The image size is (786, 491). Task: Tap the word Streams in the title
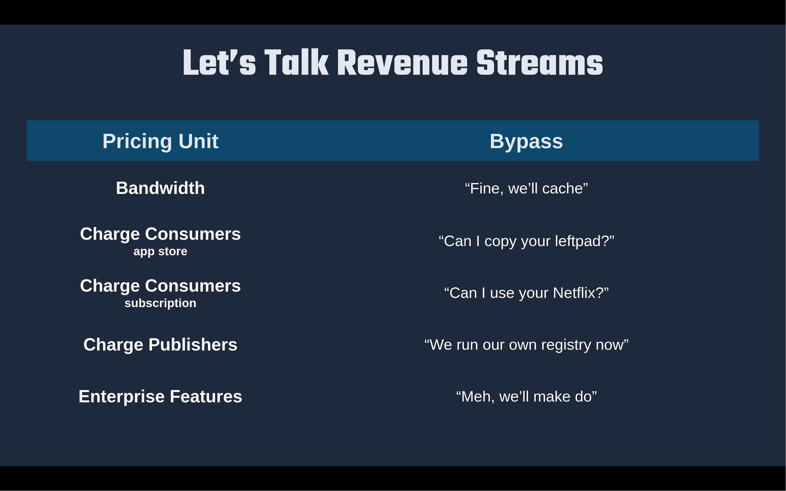click(540, 62)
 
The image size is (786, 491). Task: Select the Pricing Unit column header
click(160, 141)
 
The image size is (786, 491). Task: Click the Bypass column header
click(526, 141)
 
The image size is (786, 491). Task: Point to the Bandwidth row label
click(160, 188)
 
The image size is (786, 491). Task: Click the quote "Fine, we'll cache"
click(526, 188)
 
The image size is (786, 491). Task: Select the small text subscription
click(160, 303)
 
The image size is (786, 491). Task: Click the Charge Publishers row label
click(160, 345)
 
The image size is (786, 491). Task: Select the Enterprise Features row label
click(160, 397)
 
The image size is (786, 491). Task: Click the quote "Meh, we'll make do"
click(526, 397)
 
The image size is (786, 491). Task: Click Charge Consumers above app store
click(160, 234)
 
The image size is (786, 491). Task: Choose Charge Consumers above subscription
click(160, 286)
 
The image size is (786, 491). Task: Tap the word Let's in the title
click(219, 62)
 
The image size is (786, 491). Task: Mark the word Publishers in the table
click(193, 345)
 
